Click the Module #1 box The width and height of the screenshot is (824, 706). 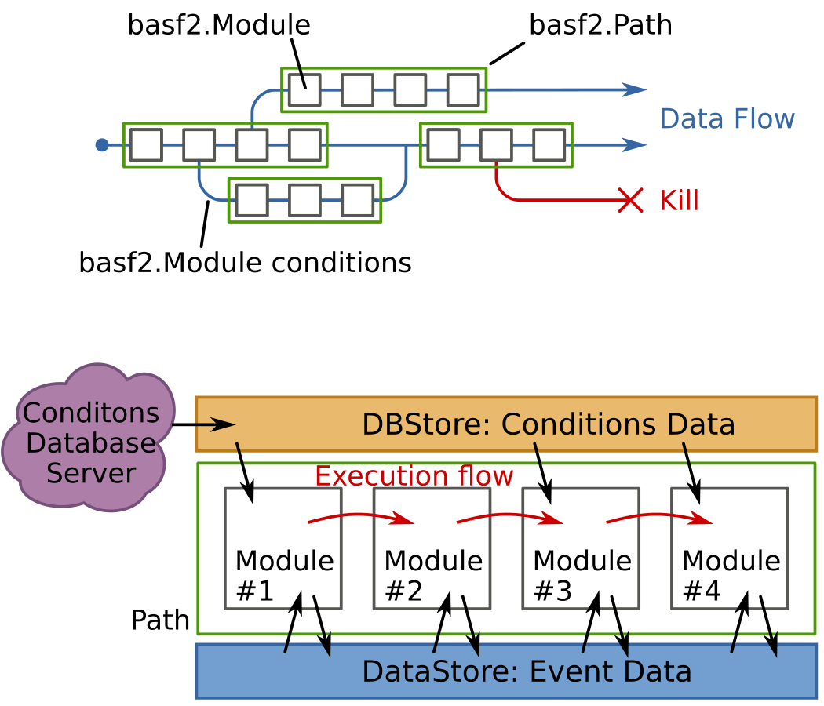click(283, 548)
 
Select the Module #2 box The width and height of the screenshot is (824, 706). click(432, 548)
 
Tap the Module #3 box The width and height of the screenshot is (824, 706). click(582, 548)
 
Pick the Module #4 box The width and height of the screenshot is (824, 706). click(730, 548)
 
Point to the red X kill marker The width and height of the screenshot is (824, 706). click(630, 200)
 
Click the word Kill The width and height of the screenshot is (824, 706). click(679, 201)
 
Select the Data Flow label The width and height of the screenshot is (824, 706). click(727, 119)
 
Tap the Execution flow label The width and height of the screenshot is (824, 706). click(414, 476)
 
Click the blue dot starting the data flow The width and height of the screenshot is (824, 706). click(101, 144)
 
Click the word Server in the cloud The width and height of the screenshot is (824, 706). click(91, 473)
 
